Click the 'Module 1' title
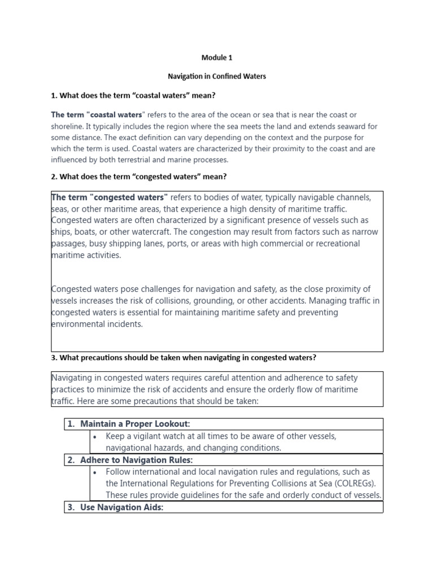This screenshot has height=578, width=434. (217, 58)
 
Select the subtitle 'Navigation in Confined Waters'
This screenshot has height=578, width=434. (217, 76)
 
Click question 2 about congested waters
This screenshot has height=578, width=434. (138, 177)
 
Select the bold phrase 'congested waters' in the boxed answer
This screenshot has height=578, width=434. (131, 198)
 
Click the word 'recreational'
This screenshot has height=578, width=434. (335, 243)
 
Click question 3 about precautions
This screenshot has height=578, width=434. (183, 357)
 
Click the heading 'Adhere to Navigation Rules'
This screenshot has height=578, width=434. (136, 460)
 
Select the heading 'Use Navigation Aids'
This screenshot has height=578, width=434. (121, 507)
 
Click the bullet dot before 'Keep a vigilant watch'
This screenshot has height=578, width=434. (98, 436)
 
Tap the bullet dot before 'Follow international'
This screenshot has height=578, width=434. (98, 472)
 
